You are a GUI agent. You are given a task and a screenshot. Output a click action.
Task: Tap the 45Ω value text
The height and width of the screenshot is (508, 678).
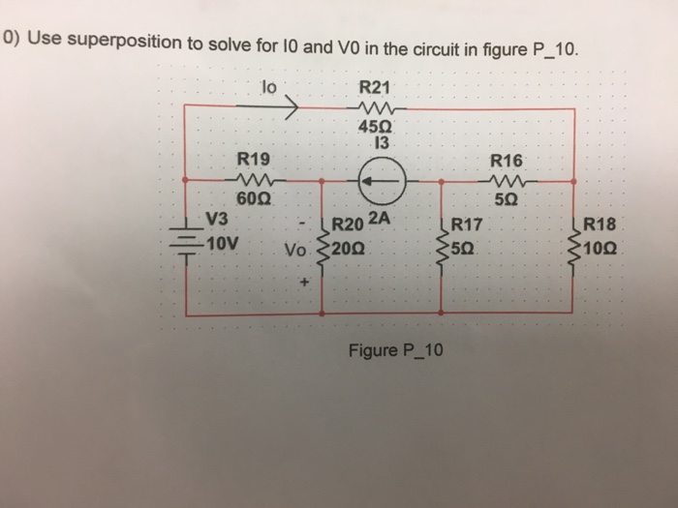[373, 127]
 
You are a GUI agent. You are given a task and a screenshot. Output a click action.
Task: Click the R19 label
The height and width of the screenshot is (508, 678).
[256, 157]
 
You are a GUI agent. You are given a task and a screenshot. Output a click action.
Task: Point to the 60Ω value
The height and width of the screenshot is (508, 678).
[256, 198]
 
